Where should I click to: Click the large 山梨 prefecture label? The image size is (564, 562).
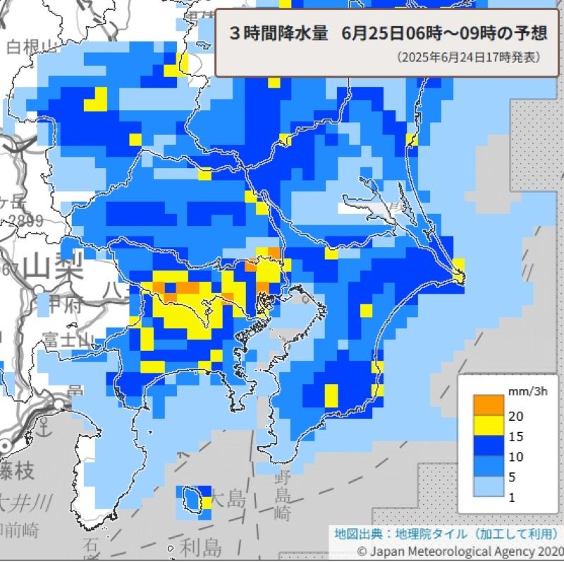pyautogui.click(x=54, y=268)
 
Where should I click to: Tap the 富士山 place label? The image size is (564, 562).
pyautogui.click(x=68, y=339)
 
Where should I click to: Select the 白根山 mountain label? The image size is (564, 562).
pyautogui.click(x=32, y=47)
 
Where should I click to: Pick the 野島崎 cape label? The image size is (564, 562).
pyautogui.click(x=283, y=494)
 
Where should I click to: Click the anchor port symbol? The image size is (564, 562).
pyautogui.click(x=44, y=426)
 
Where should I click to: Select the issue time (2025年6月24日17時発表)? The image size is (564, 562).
pyautogui.click(x=469, y=56)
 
